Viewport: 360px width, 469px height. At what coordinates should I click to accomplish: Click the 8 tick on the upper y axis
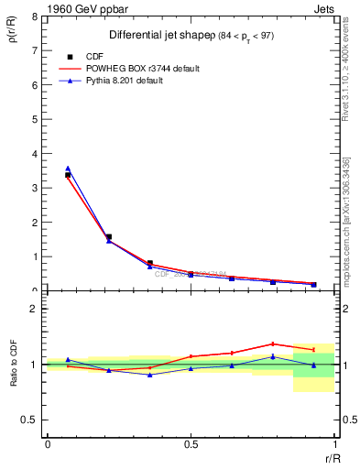click(x=35, y=17)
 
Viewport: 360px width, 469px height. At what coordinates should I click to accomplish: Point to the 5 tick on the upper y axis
click(x=35, y=120)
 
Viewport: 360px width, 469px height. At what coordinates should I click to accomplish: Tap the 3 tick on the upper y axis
click(x=35, y=189)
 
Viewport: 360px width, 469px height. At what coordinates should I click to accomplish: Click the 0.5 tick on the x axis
click(x=191, y=443)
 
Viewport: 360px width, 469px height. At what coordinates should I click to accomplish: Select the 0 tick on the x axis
click(x=48, y=443)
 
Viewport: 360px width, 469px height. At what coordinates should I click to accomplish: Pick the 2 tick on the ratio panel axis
click(x=35, y=310)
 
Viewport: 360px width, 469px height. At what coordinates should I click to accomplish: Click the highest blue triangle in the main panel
click(x=68, y=169)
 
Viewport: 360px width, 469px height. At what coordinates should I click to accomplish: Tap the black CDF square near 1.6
click(x=109, y=237)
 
